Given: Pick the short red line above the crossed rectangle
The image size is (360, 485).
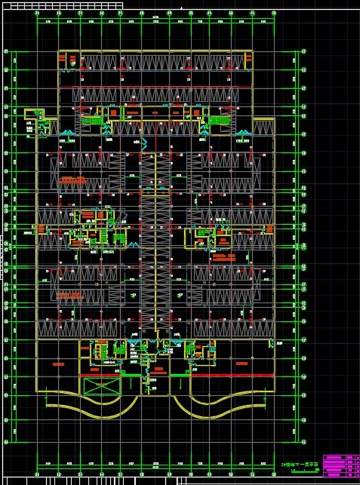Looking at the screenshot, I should (x=103, y=371).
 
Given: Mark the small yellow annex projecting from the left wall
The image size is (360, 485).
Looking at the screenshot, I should (x=34, y=122).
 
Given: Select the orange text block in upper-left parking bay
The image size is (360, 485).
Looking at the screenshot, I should (x=72, y=180).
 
